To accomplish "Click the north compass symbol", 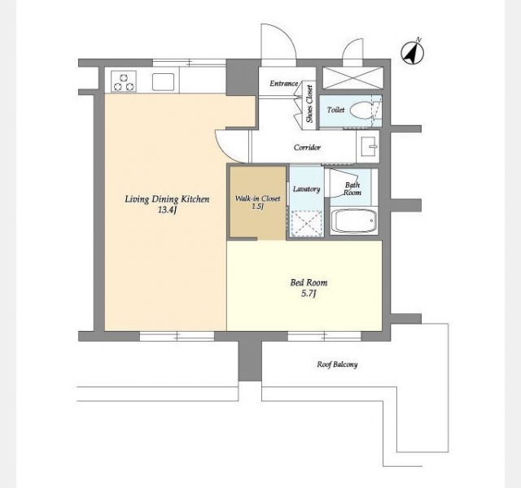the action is (x=413, y=52).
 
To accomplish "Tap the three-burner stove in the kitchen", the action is (x=124, y=81).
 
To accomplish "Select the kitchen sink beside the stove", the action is (x=163, y=81).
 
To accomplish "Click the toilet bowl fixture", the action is (x=364, y=110).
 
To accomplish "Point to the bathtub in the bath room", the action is (x=353, y=220).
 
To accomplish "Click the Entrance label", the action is (x=284, y=84).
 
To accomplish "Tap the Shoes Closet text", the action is (x=309, y=104).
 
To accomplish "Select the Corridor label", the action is (x=307, y=147).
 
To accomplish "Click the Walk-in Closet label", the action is (x=257, y=198).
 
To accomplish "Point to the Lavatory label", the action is (x=306, y=190).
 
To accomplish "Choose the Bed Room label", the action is (x=309, y=283).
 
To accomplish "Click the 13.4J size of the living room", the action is (x=167, y=210).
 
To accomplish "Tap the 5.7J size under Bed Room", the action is (x=309, y=294).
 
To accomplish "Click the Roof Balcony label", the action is (x=337, y=364).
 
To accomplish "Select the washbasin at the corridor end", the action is (x=368, y=146).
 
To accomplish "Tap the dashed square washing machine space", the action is (x=306, y=224).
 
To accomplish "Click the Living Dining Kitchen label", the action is (x=167, y=199).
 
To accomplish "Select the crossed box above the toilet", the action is (x=352, y=78).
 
